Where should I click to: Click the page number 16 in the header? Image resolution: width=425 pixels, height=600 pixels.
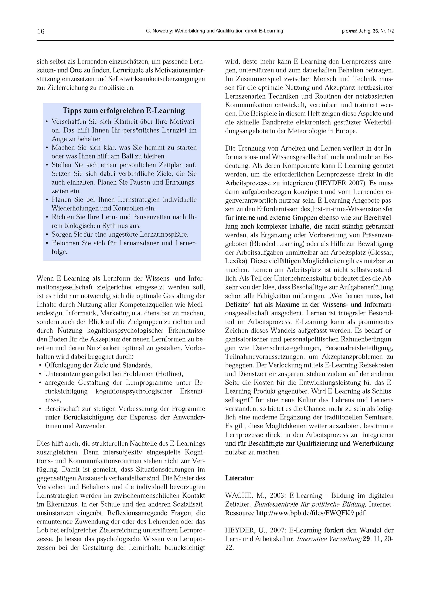pos(41,31)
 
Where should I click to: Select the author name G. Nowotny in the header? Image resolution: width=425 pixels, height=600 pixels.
pos(158,31)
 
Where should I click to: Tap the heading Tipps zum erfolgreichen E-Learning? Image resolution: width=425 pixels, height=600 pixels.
pos(123,111)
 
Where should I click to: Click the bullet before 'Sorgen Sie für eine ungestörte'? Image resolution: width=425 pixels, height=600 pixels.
pos(47,235)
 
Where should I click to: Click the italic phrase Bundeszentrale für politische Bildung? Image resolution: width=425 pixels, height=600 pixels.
pos(309,504)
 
